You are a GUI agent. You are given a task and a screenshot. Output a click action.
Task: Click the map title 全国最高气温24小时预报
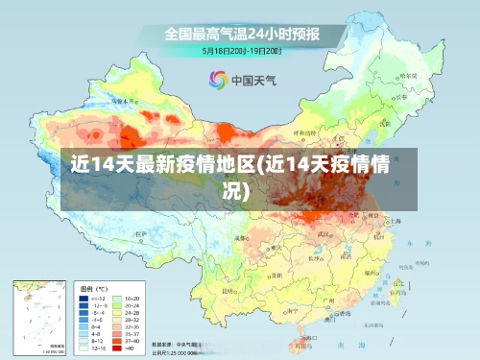pos(240,33)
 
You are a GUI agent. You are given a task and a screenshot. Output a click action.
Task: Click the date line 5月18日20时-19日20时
pos(240,50)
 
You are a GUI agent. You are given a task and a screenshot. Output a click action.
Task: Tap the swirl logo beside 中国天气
pos(218,80)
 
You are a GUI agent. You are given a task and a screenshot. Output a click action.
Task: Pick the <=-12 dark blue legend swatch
pos(84,299)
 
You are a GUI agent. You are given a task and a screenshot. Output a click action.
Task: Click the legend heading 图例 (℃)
pos(95,288)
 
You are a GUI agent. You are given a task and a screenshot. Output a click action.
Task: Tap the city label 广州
pos(328,300)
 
